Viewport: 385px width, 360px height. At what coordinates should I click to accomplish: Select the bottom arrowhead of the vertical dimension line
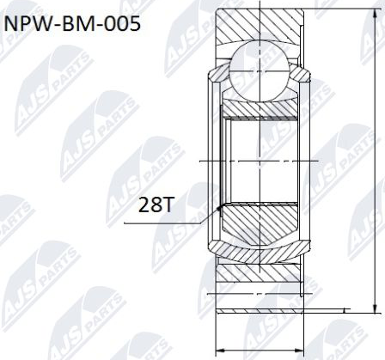click(375, 314)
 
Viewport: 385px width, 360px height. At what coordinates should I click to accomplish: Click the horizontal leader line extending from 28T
click(163, 223)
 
